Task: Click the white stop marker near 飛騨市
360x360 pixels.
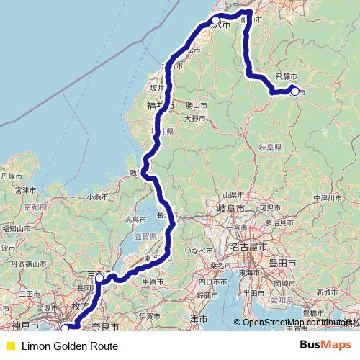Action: pos(294,91)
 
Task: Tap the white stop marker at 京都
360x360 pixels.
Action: pos(100,277)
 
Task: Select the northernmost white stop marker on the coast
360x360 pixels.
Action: pos(215,21)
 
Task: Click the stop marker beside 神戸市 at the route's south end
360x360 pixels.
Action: pos(65,329)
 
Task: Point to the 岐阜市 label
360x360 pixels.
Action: pos(231,208)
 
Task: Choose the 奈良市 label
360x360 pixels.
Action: pos(107,328)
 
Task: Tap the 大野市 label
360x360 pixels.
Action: pos(194,118)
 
